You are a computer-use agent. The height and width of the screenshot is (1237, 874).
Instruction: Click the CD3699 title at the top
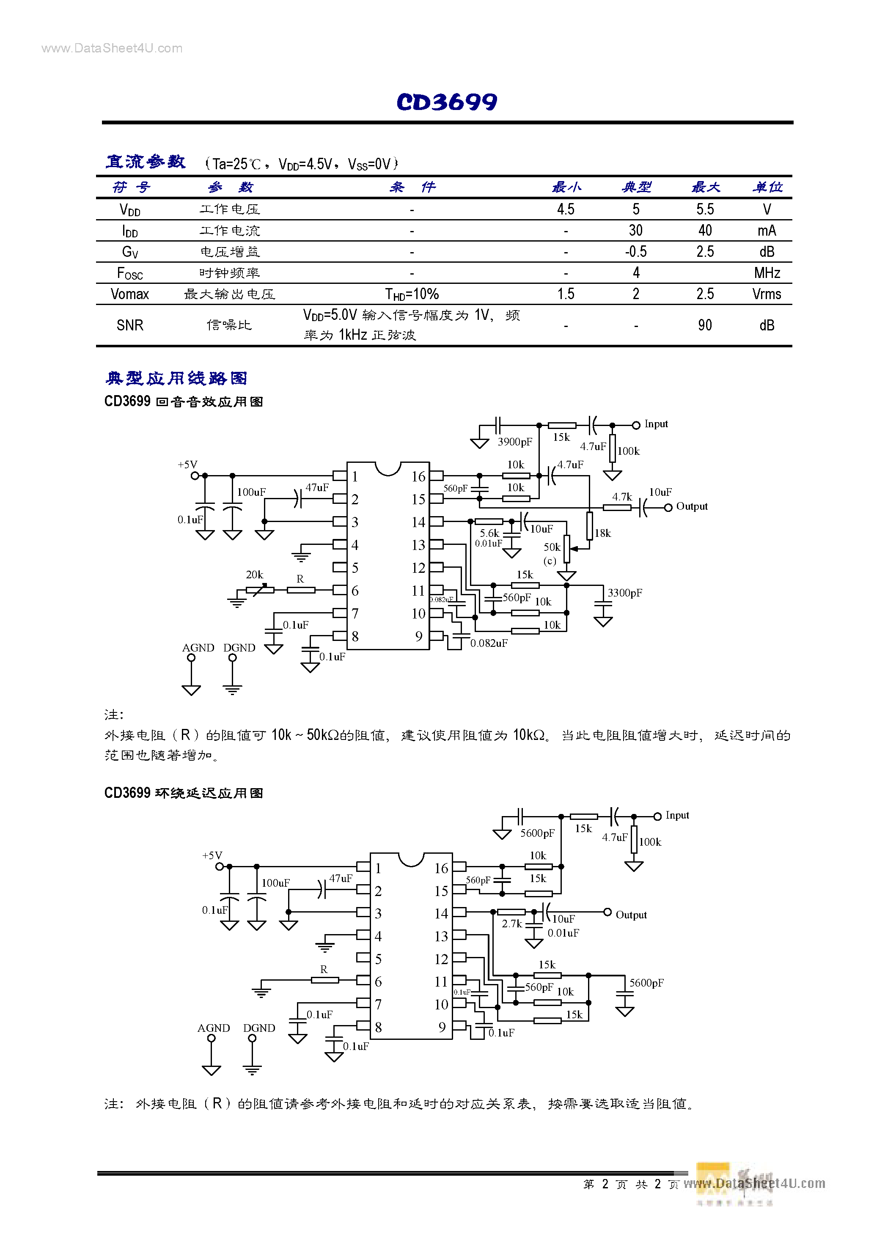coord(447,102)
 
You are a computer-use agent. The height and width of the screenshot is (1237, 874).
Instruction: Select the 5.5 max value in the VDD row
coord(705,209)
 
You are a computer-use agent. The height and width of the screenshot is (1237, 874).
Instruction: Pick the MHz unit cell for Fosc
coord(767,272)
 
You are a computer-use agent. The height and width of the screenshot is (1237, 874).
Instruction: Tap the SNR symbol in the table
coord(130,325)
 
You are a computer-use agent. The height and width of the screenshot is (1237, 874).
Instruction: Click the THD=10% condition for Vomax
coord(412,294)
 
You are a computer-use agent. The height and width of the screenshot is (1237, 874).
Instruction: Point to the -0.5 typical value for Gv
coord(636,252)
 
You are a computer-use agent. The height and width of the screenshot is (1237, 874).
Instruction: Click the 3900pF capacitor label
coord(514,442)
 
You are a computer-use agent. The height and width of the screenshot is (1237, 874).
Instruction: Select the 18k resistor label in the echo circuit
coord(603,533)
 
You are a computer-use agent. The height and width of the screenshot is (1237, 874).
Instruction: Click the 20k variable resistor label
coord(254,575)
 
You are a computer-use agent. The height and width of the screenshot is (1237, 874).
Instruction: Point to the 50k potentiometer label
coord(552,547)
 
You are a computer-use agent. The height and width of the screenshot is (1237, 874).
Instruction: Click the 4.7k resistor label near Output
coord(622,497)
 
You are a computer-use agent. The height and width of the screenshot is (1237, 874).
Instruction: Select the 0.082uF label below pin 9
coord(489,643)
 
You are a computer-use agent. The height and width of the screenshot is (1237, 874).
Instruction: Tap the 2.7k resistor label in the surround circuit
coord(512,924)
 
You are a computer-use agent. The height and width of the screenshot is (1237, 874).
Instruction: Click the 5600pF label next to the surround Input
coord(537,833)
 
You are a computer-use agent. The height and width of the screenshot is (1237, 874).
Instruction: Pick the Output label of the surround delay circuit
coord(631,915)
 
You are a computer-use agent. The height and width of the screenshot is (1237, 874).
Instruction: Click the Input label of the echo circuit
coord(656,424)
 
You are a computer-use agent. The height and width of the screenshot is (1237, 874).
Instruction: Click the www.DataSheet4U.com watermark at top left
coord(112,49)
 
